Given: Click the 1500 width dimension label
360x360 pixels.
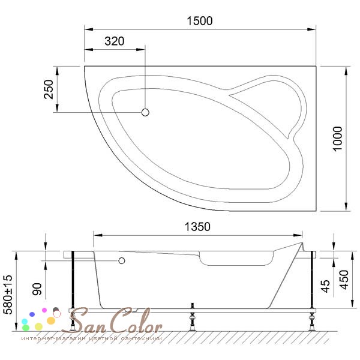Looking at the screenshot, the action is [x=200, y=21].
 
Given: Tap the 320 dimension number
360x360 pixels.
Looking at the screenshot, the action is [x=115, y=41].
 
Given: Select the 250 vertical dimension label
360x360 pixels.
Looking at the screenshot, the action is [x=49, y=89].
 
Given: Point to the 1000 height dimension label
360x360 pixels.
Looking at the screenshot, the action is [x=337, y=139].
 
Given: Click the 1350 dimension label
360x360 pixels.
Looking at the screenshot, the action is [x=197, y=227].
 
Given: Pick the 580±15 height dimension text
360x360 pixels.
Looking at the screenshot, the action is [x=8, y=295].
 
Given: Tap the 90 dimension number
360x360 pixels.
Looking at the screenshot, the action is [x=37, y=289].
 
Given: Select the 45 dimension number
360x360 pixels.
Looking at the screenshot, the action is [x=325, y=286].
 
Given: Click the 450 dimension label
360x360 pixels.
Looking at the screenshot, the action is [x=344, y=280].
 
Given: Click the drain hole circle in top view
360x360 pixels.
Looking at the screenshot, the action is [x=145, y=113].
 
